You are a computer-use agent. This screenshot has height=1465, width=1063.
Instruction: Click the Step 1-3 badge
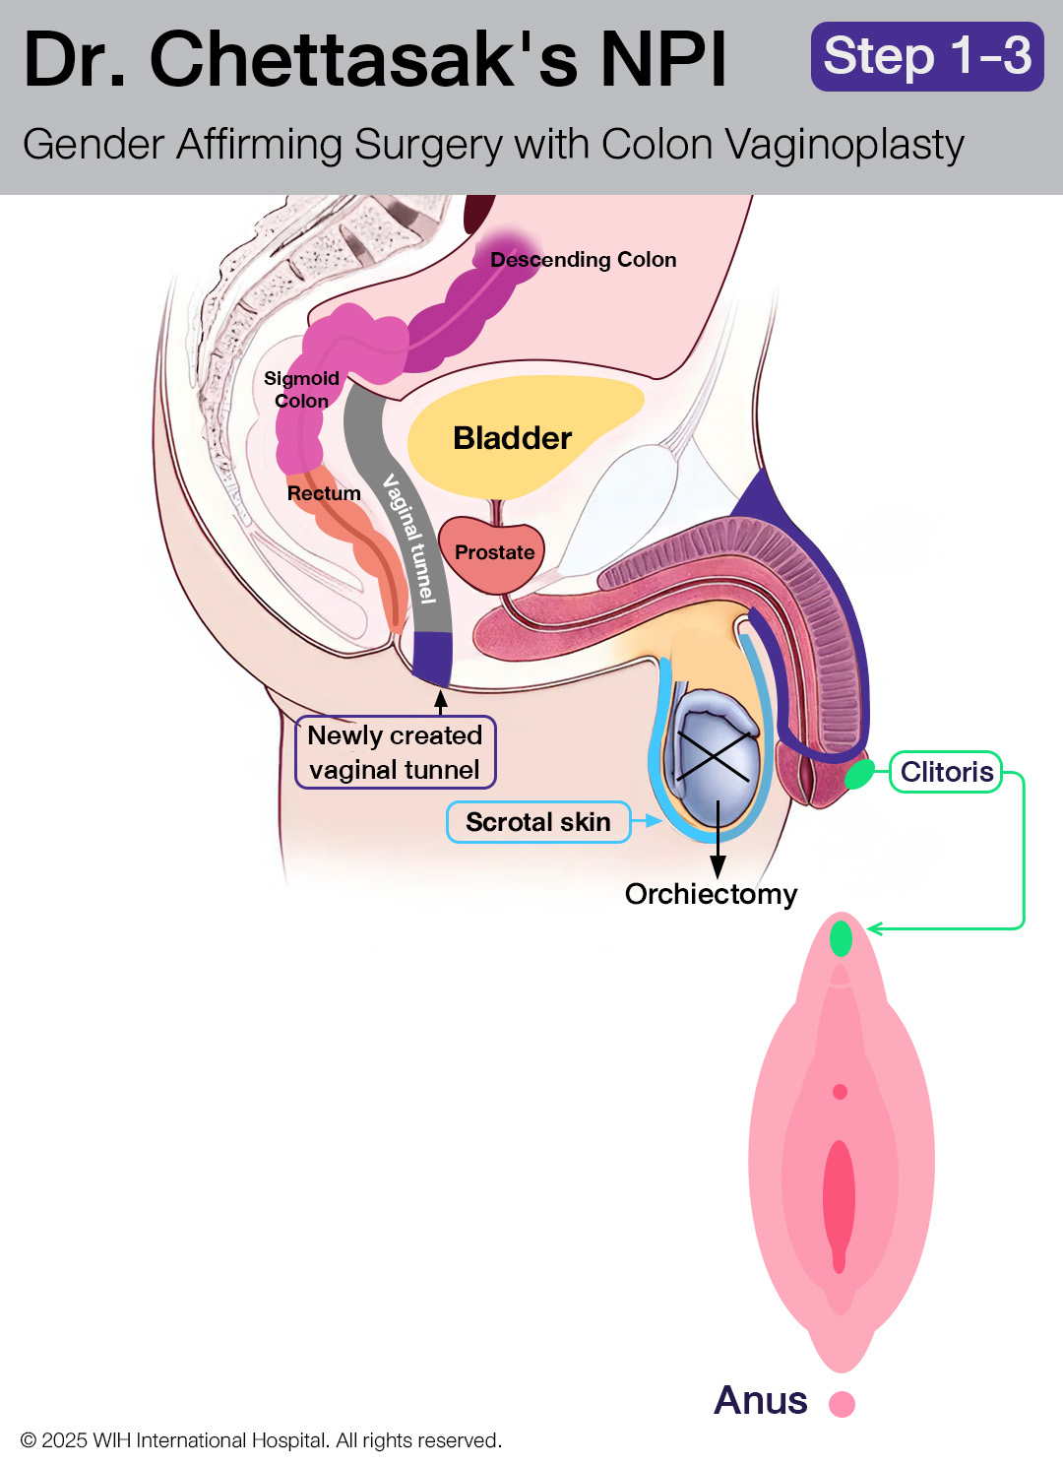click(x=927, y=56)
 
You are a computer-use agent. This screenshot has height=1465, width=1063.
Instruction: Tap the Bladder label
click(x=513, y=438)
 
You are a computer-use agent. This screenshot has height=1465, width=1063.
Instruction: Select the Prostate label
click(x=495, y=552)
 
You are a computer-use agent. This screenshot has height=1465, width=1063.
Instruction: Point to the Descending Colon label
click(x=583, y=260)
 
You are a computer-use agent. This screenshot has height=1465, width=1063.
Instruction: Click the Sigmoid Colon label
click(x=301, y=389)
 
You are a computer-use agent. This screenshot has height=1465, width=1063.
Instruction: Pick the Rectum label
click(x=324, y=493)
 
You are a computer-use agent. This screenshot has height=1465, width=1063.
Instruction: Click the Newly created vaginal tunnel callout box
click(x=396, y=752)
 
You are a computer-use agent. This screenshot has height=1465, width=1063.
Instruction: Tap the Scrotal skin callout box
click(x=538, y=822)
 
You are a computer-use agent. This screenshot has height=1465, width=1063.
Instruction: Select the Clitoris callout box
click(x=946, y=772)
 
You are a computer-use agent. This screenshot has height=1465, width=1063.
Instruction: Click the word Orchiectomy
click(x=712, y=894)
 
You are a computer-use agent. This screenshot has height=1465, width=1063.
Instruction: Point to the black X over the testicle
click(x=714, y=755)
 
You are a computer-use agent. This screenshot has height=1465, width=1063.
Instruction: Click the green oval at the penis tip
click(x=859, y=775)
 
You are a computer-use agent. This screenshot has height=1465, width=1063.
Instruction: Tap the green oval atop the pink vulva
click(x=841, y=938)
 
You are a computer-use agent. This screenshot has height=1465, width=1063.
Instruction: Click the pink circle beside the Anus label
click(x=842, y=1404)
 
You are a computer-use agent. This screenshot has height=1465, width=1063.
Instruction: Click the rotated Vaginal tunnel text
click(x=409, y=538)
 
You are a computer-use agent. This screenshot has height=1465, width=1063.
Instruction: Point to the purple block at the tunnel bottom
click(x=432, y=659)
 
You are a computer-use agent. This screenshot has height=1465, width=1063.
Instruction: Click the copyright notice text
click(x=261, y=1440)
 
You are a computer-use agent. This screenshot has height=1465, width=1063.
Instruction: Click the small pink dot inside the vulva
click(x=841, y=1092)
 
